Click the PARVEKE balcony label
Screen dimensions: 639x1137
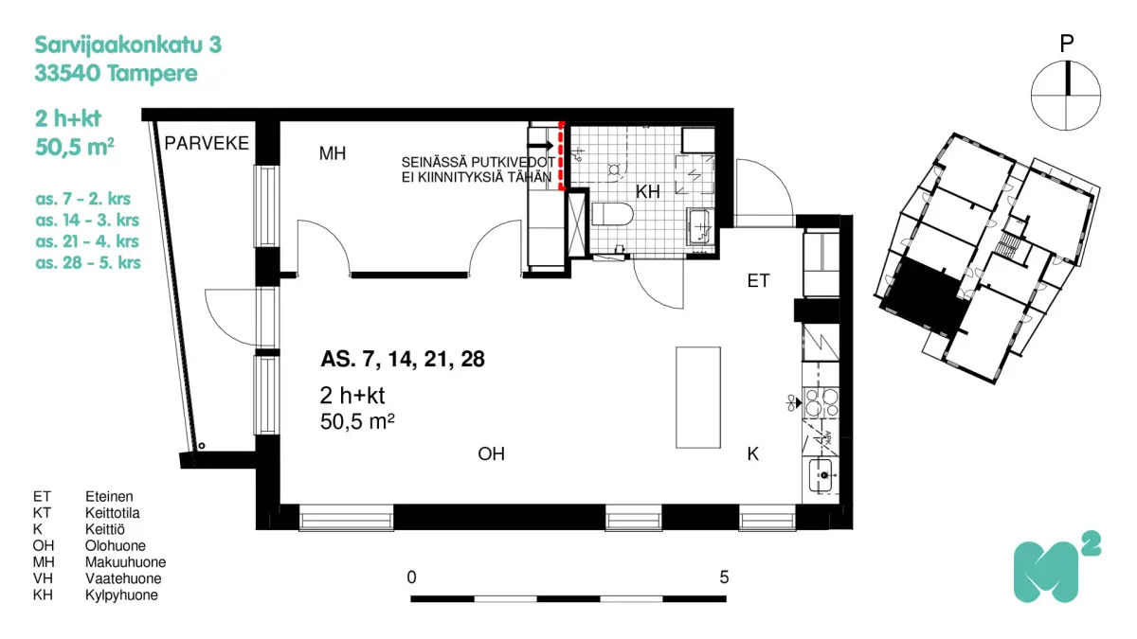(207, 144)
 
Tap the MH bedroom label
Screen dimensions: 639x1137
(331, 153)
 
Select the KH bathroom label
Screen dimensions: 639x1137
(647, 192)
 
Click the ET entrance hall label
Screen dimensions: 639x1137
(758, 280)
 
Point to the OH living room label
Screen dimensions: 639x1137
(491, 454)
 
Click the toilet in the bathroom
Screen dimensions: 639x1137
(611, 215)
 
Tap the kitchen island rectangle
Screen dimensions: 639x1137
(696, 398)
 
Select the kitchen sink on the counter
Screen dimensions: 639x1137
(822, 475)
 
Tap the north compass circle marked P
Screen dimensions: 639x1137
(1066, 95)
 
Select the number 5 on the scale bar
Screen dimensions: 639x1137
(724, 577)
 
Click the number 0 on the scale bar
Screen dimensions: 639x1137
(411, 577)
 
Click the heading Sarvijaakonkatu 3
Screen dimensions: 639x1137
(128, 44)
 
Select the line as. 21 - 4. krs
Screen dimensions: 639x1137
(87, 241)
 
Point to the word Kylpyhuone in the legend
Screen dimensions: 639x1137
(121, 595)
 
